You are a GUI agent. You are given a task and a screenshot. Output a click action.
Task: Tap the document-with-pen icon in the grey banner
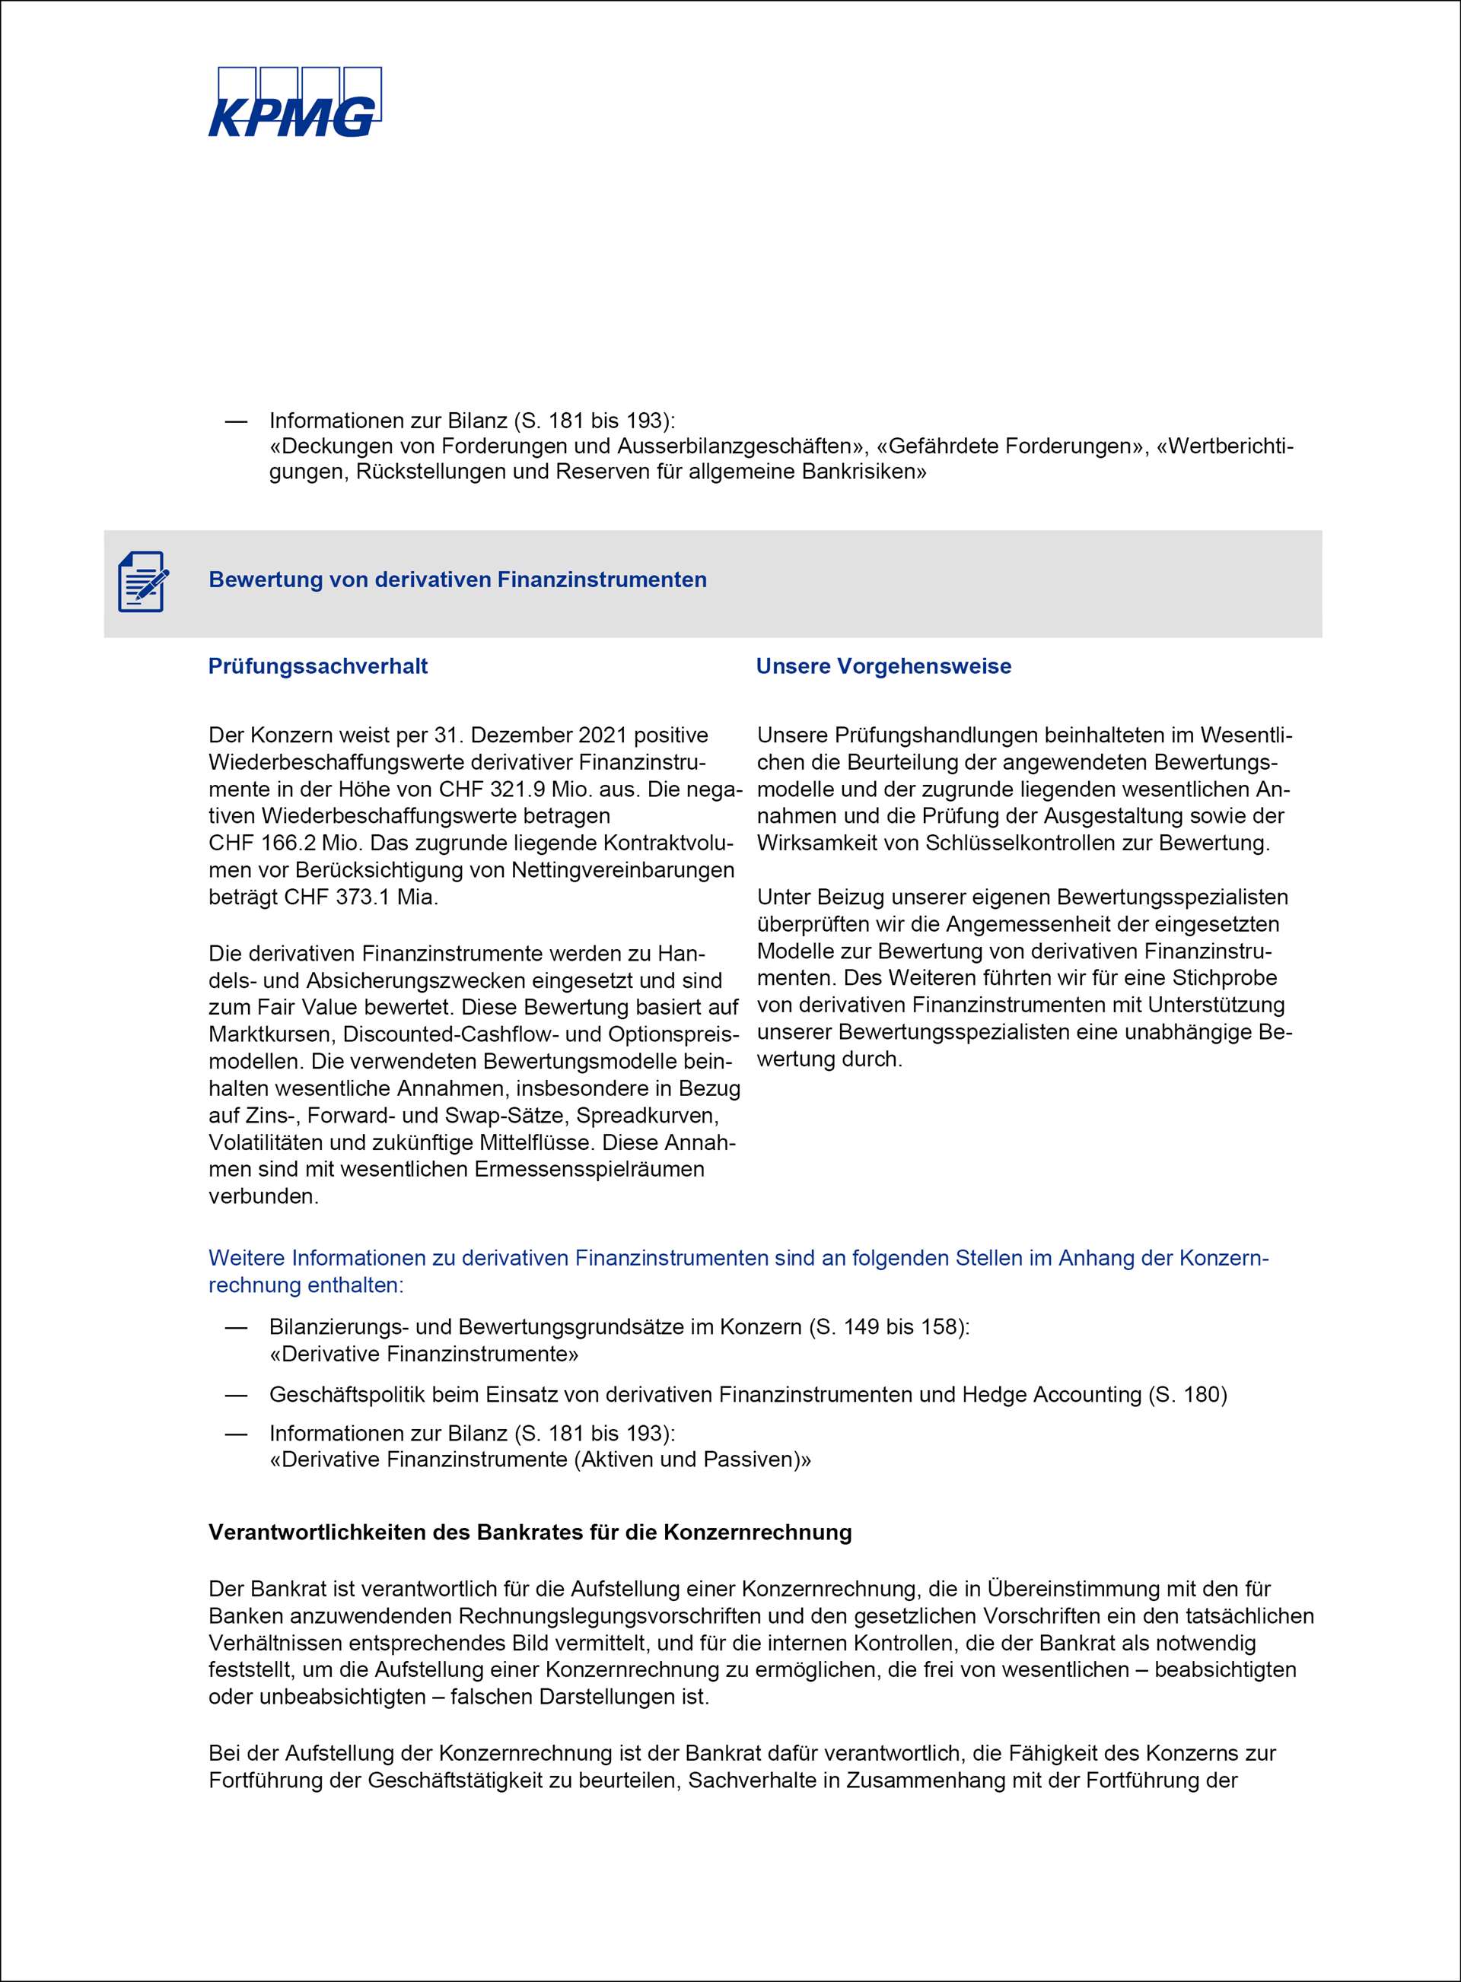tap(142, 581)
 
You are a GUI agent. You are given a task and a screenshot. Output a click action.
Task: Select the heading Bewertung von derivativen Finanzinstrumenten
tap(457, 580)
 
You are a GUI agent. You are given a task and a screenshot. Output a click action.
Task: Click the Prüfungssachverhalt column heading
tap(317, 665)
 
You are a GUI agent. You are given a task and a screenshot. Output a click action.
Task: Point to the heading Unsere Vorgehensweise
tap(883, 665)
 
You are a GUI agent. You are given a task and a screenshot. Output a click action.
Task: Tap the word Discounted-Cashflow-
tap(460, 1034)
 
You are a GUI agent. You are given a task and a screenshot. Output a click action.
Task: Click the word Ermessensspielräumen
tap(590, 1169)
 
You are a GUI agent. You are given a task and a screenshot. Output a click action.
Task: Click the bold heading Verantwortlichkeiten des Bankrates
tap(530, 1532)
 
